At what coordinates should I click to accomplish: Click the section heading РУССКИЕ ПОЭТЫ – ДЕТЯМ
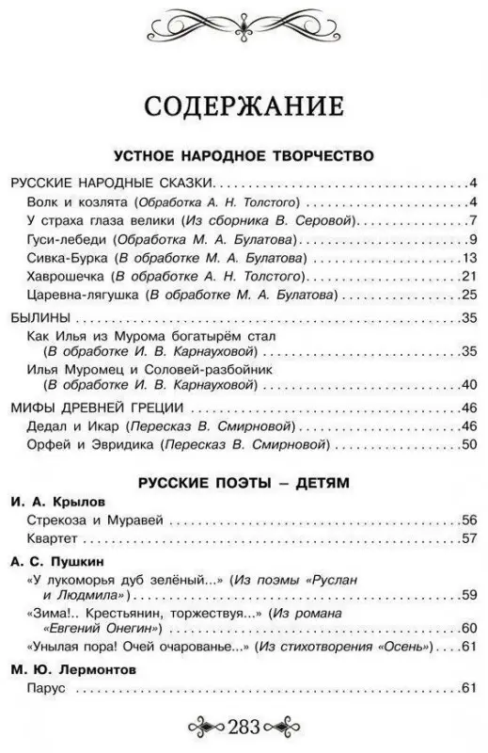[x=244, y=483]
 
